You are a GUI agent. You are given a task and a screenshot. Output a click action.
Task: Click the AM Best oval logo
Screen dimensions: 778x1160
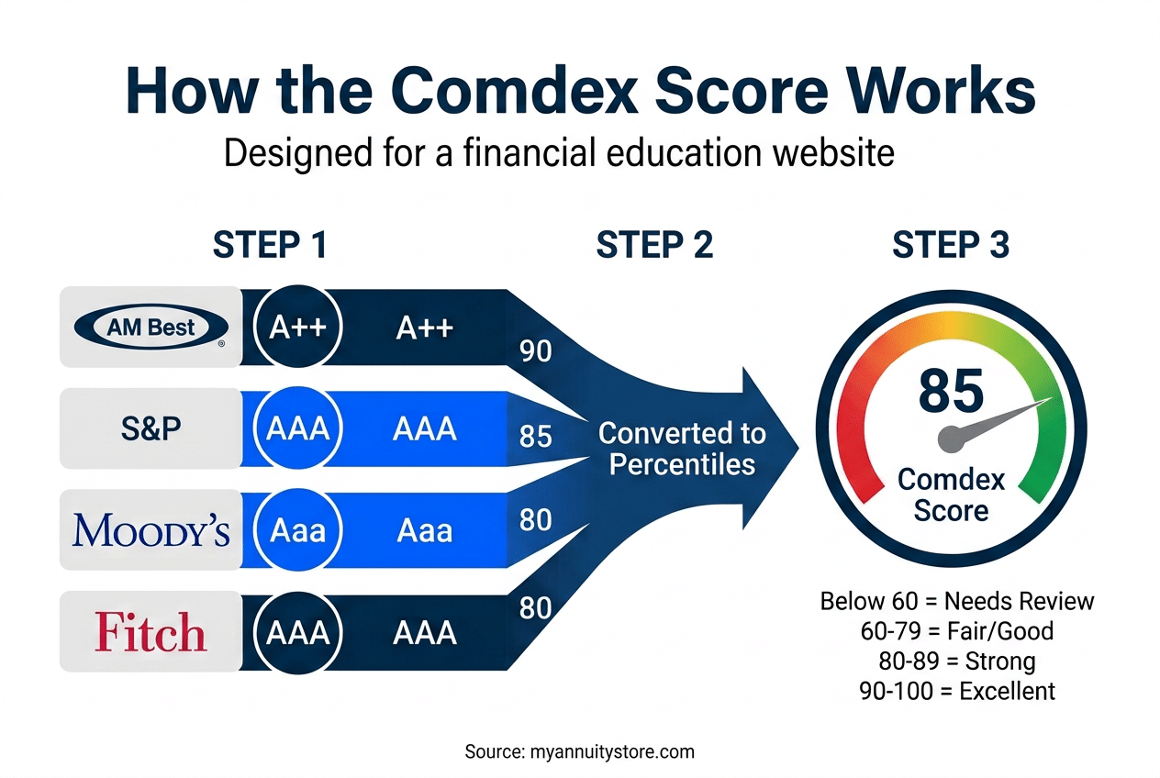click(151, 327)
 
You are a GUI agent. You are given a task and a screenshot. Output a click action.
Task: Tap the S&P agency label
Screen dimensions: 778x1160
click(151, 428)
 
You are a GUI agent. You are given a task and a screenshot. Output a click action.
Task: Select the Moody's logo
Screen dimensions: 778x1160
click(151, 530)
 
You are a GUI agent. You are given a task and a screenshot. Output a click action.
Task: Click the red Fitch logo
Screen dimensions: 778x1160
click(151, 632)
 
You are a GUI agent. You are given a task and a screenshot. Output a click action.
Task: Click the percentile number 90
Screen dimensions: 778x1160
click(535, 350)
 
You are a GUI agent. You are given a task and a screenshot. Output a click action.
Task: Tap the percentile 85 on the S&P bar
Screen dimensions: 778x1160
click(535, 437)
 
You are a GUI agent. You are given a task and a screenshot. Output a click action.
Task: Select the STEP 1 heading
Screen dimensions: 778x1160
click(270, 246)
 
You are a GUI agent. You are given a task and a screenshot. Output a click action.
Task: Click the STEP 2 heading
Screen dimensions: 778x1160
click(654, 246)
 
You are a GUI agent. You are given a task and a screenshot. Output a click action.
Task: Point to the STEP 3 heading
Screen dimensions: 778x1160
click(951, 246)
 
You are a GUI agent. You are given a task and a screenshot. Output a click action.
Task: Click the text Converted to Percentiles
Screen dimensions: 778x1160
click(682, 448)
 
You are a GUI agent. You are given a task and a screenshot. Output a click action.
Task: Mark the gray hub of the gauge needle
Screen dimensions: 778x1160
click(951, 439)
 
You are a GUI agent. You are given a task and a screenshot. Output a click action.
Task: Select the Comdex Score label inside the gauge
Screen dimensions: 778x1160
click(951, 495)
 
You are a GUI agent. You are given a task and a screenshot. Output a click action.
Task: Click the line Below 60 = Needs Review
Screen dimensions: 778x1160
click(956, 601)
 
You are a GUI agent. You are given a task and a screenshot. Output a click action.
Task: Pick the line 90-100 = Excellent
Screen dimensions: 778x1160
click(956, 691)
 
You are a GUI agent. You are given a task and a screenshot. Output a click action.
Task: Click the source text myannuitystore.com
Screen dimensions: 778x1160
click(579, 751)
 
